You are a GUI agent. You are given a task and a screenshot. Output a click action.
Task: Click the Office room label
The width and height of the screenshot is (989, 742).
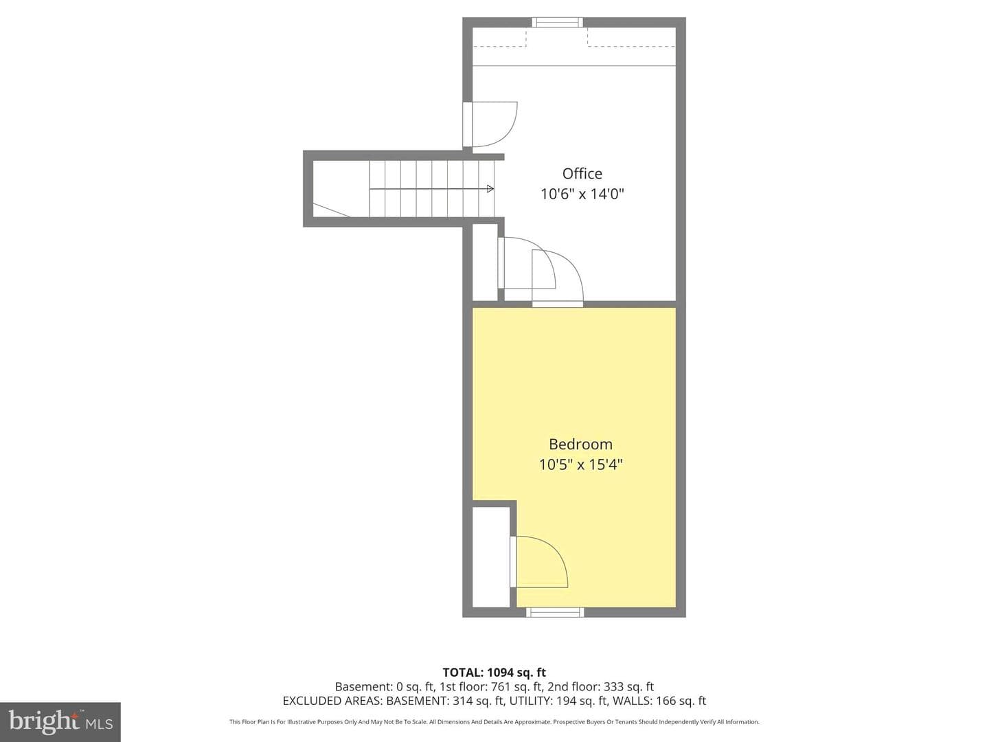[582, 174]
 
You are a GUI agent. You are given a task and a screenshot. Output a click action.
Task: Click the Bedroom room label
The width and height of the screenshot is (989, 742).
[580, 445]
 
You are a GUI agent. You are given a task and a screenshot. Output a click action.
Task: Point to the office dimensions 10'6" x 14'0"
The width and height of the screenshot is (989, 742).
[582, 194]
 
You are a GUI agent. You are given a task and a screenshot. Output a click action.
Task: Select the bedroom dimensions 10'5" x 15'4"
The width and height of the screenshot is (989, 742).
[580, 464]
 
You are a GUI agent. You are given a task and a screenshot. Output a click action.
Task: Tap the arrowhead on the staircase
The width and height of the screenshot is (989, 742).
[490, 189]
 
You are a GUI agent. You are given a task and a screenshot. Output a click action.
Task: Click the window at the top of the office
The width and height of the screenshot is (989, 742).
[558, 22]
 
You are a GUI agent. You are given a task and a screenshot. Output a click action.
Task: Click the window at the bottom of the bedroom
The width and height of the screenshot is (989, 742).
[555, 611]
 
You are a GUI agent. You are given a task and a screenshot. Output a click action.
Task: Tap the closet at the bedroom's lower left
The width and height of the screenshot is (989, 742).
[490, 556]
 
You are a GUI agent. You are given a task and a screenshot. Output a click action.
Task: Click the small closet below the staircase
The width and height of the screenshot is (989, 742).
[485, 262]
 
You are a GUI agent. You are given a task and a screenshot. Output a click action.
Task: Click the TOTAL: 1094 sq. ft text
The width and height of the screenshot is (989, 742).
[494, 673]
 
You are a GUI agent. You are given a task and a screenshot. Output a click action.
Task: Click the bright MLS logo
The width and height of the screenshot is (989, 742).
[60, 721]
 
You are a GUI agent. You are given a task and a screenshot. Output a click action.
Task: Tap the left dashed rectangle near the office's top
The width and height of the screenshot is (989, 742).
[500, 37]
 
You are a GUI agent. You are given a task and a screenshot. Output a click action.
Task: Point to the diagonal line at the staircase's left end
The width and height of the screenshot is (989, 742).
[331, 210]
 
